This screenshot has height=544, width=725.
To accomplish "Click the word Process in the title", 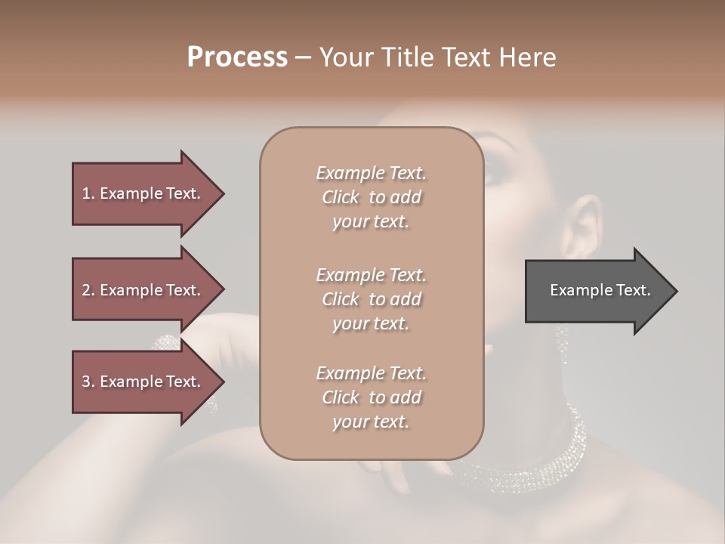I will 237,57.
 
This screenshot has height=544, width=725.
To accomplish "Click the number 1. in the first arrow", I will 88,193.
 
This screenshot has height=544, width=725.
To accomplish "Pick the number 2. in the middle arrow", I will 88,290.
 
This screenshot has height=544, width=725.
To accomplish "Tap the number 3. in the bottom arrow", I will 88,382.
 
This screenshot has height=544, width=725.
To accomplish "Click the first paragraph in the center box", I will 371,197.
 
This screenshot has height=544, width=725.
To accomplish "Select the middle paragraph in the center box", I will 371,299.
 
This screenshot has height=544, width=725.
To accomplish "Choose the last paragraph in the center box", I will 371,397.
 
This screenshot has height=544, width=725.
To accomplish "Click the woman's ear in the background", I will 580,227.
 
